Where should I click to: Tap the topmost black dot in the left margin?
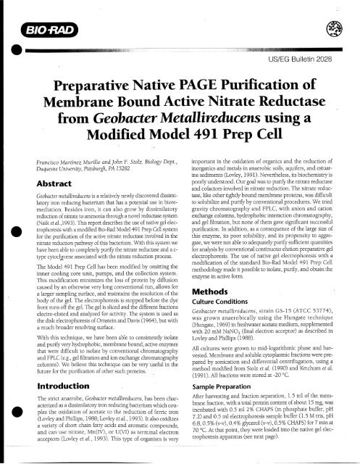(x=6, y=52)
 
